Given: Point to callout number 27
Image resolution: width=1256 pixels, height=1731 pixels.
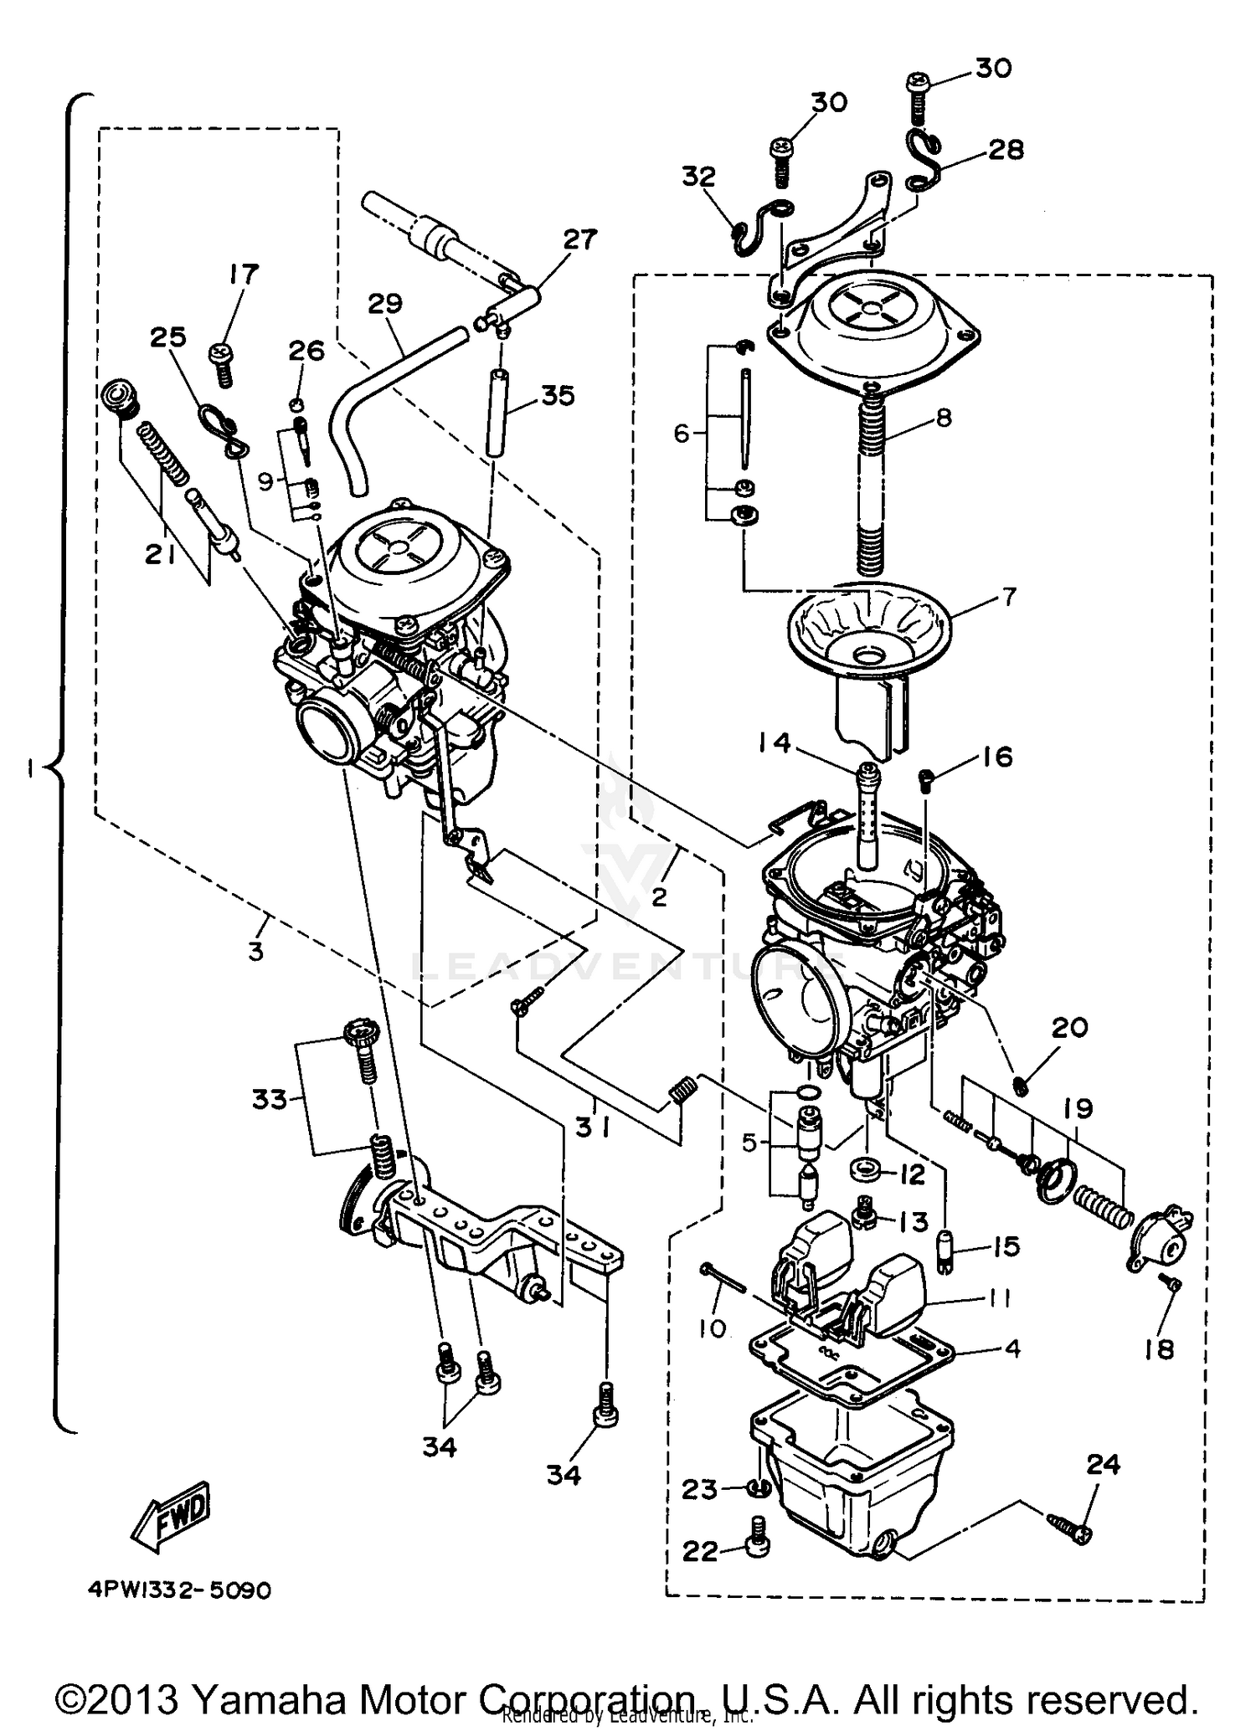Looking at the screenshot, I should coord(579,239).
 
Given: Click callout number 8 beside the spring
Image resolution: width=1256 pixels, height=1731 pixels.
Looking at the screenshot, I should coord(944,417).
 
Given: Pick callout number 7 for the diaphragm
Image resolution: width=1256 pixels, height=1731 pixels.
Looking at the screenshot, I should coord(1008,597).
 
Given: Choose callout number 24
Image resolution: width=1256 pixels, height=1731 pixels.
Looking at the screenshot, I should coord(1104,1464).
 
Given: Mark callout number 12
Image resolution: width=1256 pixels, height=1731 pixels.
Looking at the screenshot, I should coord(911,1174).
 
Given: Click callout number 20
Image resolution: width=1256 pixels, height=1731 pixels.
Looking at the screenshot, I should coord(1068,1027).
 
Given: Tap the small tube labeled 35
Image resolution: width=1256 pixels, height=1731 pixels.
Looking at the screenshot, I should coord(497,413).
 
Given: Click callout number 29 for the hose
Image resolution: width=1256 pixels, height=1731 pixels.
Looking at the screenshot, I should coord(385,303).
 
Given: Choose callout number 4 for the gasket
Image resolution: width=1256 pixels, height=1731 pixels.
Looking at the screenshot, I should coord(1012,1348).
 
